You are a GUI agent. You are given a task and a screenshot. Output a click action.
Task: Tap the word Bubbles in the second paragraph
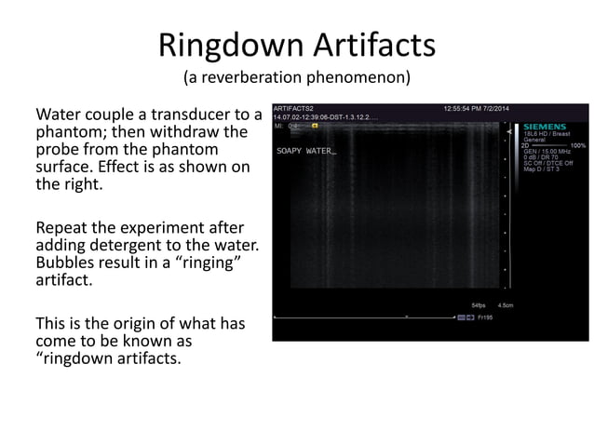click(65, 263)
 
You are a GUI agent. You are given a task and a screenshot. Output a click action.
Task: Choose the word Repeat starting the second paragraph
click(61, 227)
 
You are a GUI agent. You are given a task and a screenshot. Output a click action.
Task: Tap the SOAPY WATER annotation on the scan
click(305, 150)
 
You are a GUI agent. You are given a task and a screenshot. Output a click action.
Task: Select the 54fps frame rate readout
click(479, 304)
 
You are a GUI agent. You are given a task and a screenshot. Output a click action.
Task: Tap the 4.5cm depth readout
click(506, 304)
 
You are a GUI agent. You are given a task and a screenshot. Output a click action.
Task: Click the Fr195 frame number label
click(486, 317)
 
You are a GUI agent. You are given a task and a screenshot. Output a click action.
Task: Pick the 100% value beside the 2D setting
click(578, 145)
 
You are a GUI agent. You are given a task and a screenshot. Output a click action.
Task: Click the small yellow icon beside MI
click(315, 125)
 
